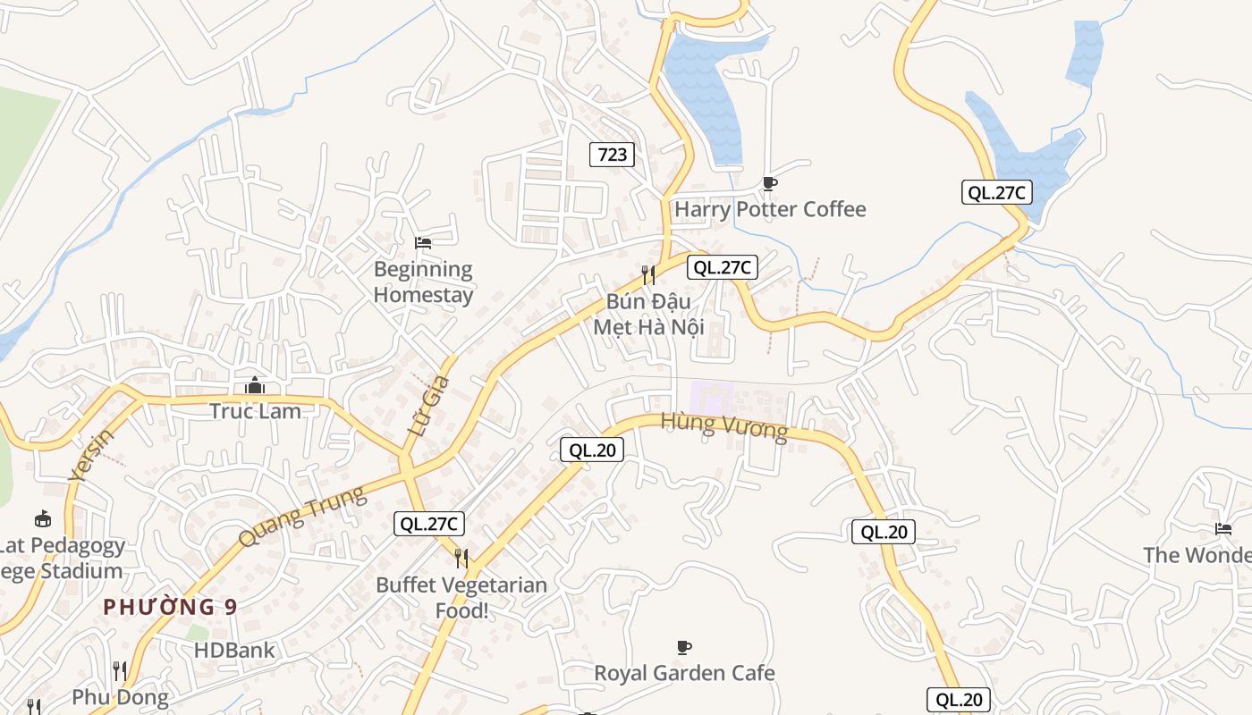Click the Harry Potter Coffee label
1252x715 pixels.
tap(770, 209)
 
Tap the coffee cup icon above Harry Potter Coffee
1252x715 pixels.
tap(769, 183)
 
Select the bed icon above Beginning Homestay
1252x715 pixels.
tap(423, 242)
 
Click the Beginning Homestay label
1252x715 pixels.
tap(423, 282)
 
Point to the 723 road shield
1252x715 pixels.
tap(613, 155)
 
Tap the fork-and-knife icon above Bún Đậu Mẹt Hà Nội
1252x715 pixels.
tap(648, 274)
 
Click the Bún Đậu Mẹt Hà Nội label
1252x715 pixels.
tap(649, 314)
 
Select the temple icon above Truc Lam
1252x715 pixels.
tap(255, 385)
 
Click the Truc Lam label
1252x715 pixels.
tap(255, 411)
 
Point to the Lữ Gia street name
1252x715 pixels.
tap(429, 406)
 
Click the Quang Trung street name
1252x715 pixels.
tap(302, 517)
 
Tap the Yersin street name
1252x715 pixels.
tap(91, 455)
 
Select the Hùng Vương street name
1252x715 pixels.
tap(724, 427)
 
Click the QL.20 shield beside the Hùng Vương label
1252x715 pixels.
tap(591, 450)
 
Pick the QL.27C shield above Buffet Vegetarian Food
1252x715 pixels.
tap(429, 524)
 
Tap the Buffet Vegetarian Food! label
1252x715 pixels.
tap(461, 597)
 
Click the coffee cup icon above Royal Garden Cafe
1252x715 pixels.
tap(684, 646)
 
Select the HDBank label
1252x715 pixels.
tap(234, 650)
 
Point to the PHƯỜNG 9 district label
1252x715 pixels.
tap(170, 607)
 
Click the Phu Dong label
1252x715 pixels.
tap(120, 697)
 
